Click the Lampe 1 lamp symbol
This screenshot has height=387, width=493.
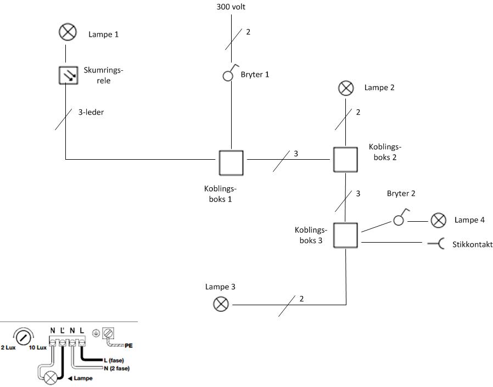66,33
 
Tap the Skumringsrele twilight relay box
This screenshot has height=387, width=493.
66,75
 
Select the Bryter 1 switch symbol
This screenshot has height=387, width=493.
229,75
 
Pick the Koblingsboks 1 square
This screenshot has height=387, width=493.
231,161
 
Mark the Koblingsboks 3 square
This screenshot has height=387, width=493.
345,235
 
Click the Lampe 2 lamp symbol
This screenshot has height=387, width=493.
345,87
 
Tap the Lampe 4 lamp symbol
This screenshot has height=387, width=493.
438,221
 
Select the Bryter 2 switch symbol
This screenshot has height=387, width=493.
399,219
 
